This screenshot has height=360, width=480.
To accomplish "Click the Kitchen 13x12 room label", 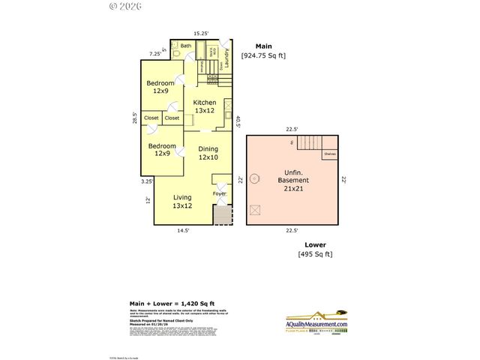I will (x=205, y=106).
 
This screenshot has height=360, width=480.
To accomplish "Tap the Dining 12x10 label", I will (x=208, y=153).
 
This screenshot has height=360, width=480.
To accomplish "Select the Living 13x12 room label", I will (x=182, y=201).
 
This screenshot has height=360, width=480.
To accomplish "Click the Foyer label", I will (x=219, y=193).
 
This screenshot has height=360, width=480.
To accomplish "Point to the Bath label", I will (x=185, y=46).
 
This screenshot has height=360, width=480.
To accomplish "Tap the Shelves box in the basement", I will (x=330, y=154).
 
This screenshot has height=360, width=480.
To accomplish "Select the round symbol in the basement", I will (x=255, y=178).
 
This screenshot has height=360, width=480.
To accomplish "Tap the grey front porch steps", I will (x=222, y=216).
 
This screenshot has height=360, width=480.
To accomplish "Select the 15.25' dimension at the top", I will (x=201, y=34).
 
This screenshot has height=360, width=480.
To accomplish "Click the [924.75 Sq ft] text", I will (x=262, y=55).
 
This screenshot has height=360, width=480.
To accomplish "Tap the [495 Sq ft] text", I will (x=315, y=254).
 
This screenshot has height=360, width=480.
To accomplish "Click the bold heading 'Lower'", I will (x=315, y=244).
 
